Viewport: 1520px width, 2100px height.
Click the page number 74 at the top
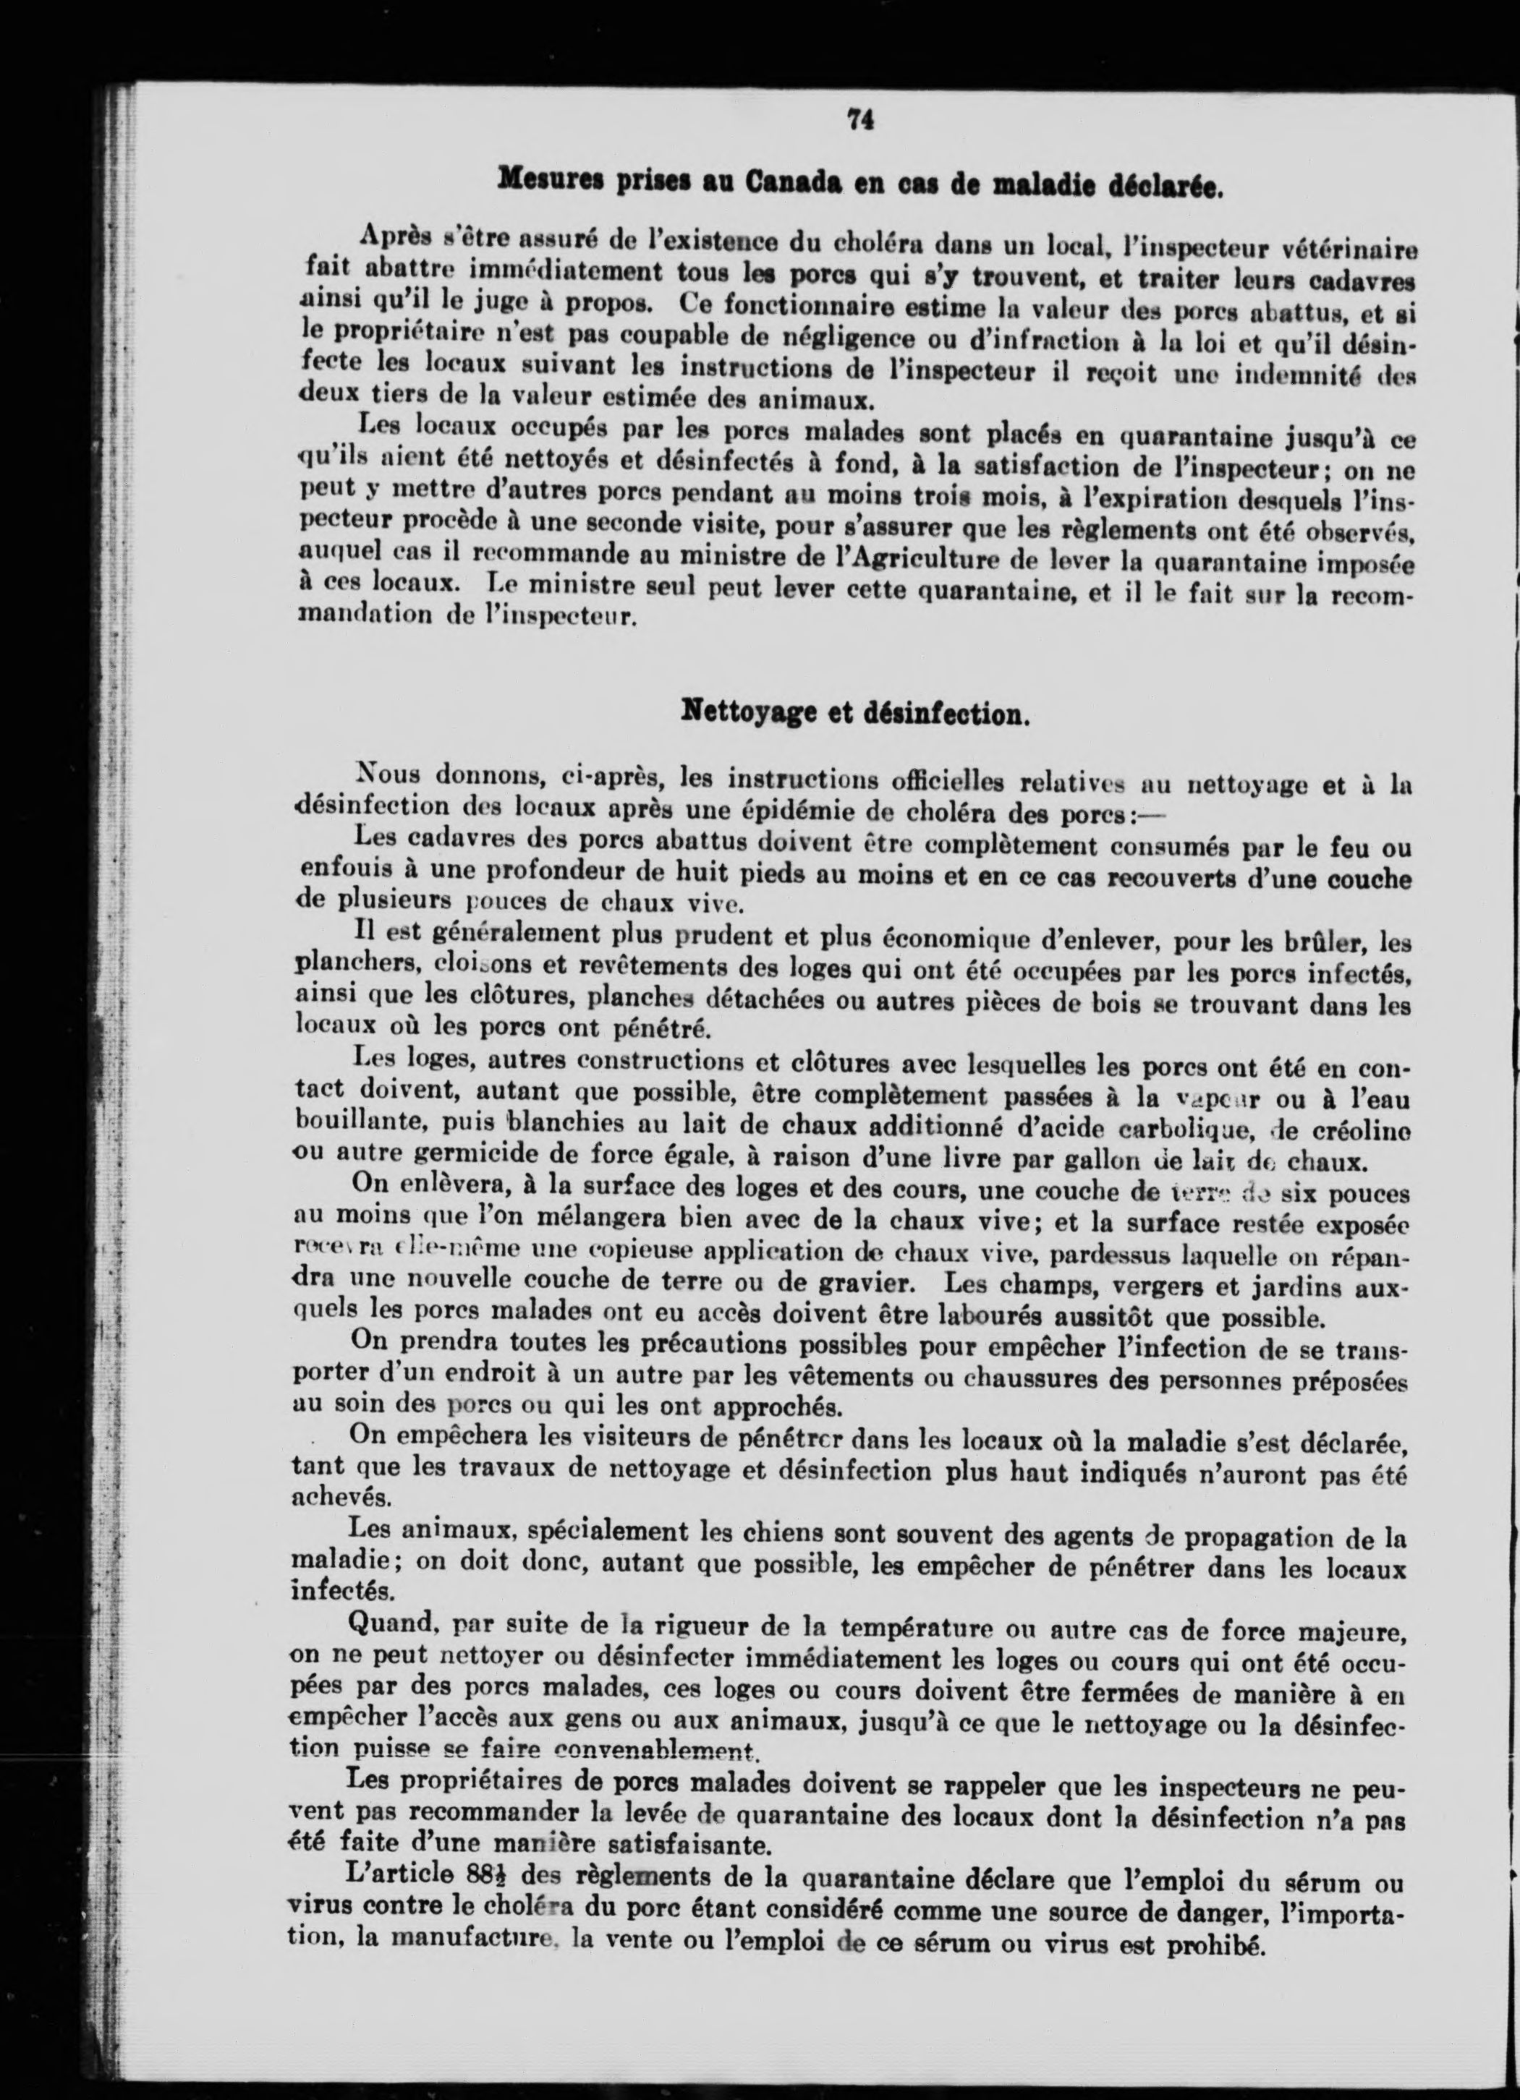click(x=860, y=120)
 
